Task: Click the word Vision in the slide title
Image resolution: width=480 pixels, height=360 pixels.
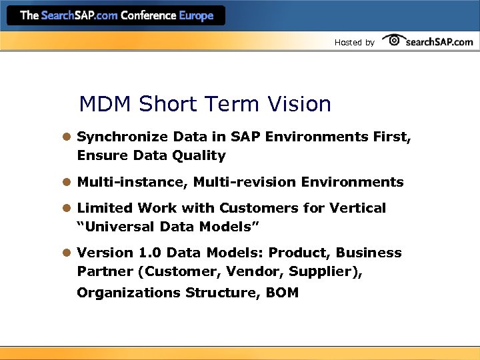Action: [x=300, y=104]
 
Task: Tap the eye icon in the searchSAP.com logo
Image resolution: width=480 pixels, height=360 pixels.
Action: [x=395, y=41]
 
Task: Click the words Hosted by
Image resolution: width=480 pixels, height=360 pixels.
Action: [x=354, y=43]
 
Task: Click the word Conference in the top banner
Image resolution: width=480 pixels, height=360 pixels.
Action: [x=148, y=15]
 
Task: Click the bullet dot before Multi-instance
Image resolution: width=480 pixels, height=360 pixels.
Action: [x=67, y=182]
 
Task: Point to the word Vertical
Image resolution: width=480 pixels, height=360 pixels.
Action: [x=359, y=208]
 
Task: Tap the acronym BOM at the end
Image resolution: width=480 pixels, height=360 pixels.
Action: [x=281, y=292]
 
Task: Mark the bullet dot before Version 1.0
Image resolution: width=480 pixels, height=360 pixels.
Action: [x=67, y=253]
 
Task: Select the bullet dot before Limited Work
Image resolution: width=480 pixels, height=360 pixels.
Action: [x=67, y=208]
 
